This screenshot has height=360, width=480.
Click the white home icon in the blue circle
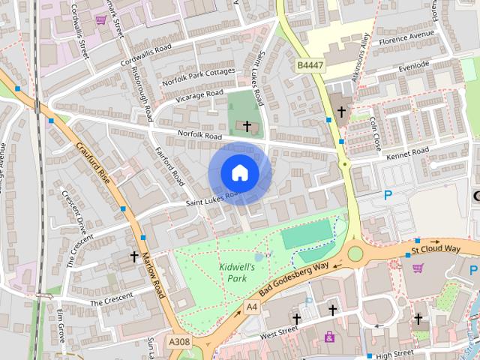click(x=239, y=172)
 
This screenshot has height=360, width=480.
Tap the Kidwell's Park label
click(x=237, y=272)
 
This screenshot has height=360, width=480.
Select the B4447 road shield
click(x=310, y=66)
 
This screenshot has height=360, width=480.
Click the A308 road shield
click(x=179, y=342)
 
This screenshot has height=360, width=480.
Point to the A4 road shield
click(x=253, y=306)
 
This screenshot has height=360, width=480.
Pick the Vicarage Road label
click(x=199, y=97)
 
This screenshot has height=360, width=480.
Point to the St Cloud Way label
click(x=435, y=248)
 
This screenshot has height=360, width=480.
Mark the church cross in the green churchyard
click(x=247, y=126)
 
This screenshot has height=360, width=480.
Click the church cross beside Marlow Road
click(x=134, y=256)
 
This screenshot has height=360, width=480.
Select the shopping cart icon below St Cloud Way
click(x=418, y=268)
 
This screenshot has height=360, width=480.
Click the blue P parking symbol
click(x=388, y=195)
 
